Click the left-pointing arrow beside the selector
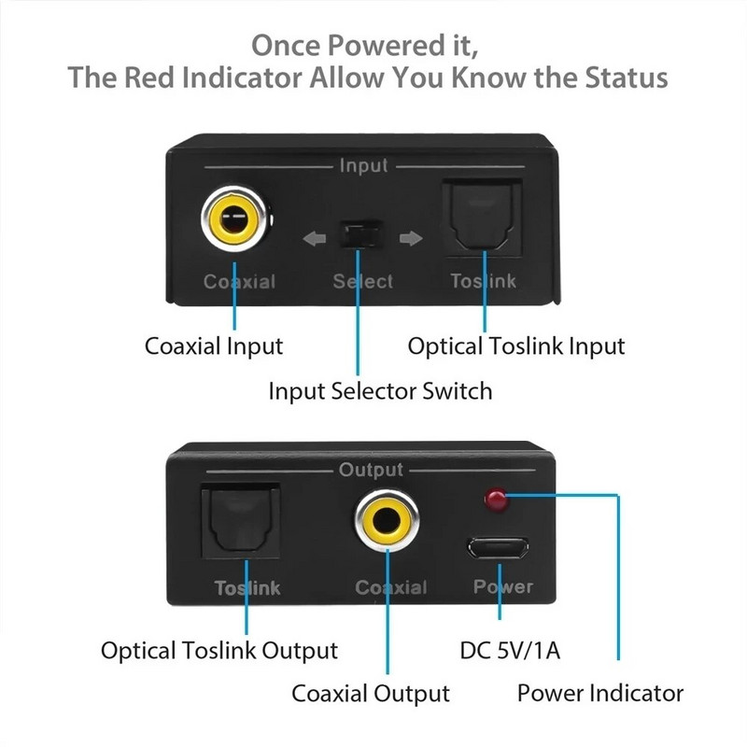point(315,239)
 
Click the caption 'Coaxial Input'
point(214,345)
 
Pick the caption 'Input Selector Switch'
point(380,390)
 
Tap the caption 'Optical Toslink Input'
point(516,345)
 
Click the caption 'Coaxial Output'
point(371,694)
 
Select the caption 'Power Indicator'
point(600,693)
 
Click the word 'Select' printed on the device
point(363,281)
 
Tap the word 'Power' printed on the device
point(502,586)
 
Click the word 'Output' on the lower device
point(371,469)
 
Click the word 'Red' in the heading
point(151,77)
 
